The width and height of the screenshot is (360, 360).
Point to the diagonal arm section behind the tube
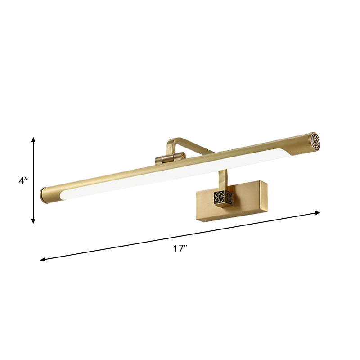coord(198,146)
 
